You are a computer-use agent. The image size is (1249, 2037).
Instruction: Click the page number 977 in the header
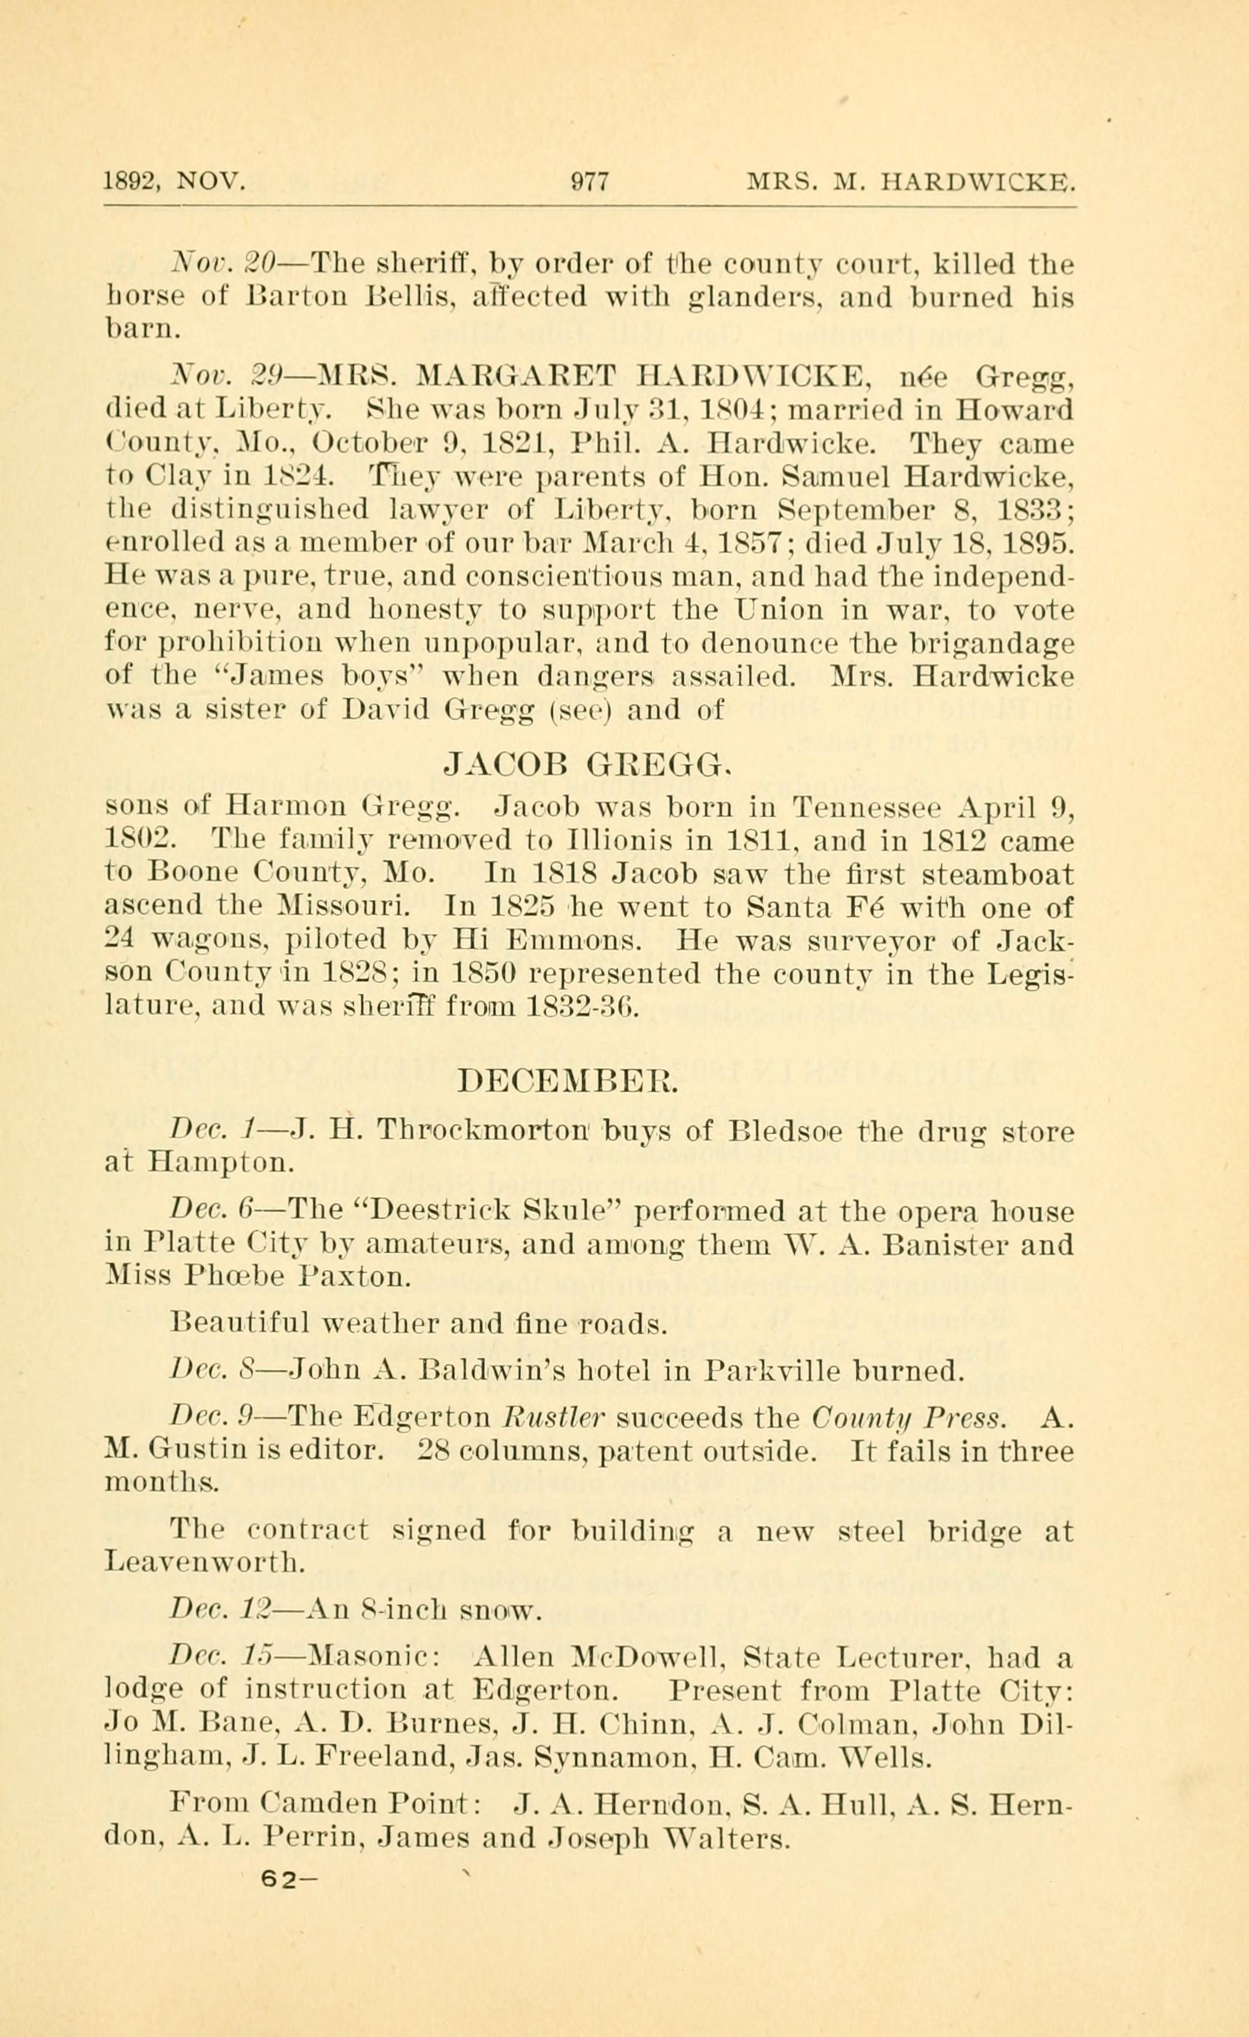pos(590,182)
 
